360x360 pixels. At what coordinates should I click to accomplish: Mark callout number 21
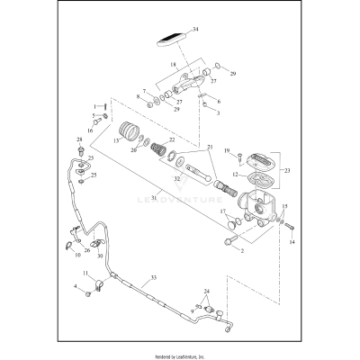(x=211, y=148)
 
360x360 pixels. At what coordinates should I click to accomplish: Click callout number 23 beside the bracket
(x=287, y=168)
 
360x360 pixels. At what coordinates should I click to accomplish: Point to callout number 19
(x=228, y=150)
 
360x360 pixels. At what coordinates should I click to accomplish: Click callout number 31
(x=156, y=198)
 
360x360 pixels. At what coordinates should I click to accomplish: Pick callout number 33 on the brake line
(x=153, y=278)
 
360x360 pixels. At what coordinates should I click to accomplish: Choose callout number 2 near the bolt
(x=241, y=251)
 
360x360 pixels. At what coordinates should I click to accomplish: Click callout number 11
(x=85, y=274)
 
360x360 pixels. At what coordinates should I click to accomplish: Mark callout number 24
(x=206, y=292)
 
